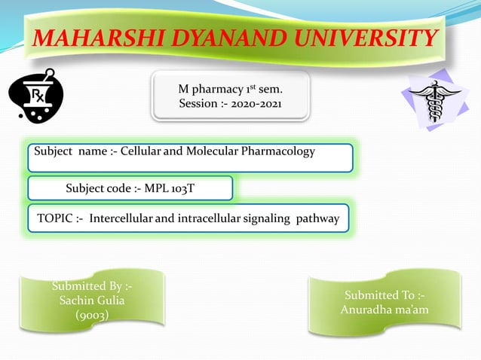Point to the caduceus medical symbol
[434, 99]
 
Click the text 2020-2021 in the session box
[255, 103]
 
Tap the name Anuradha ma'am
[384, 310]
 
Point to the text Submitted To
[384, 294]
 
